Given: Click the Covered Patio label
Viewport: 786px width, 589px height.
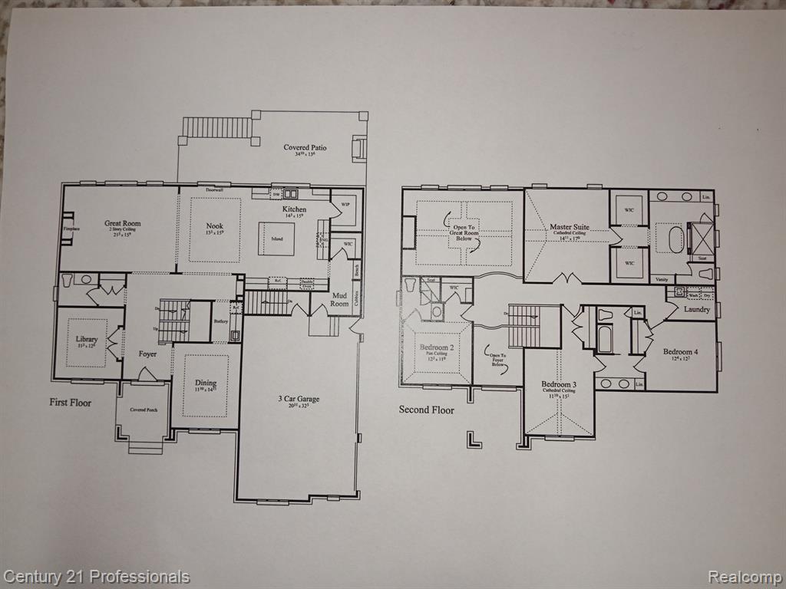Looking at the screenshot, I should coord(305,147).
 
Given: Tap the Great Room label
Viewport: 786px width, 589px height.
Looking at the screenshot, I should coord(123,224).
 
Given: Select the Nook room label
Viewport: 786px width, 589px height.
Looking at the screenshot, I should coord(214,225).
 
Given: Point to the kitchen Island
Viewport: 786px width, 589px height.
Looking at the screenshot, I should coord(276,239).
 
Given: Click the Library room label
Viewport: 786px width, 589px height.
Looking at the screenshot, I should coord(86,339).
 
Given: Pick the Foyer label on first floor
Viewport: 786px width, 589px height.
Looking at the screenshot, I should coord(147,354).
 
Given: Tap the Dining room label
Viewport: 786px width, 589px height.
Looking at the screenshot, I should coord(205,383).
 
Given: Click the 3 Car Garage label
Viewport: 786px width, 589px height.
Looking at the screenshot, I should coord(299,399).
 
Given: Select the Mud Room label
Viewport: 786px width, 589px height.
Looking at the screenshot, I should coord(339,299).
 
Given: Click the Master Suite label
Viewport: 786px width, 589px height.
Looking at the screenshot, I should coord(570,227).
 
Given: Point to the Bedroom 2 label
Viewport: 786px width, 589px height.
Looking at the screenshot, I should coord(436,347).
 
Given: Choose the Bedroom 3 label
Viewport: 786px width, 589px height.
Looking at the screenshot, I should coord(558,384).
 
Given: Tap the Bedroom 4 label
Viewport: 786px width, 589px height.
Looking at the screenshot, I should coord(680,351).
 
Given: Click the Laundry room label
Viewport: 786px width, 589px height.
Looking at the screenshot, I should coord(696,309).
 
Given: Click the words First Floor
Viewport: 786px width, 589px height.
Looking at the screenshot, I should coord(71,402).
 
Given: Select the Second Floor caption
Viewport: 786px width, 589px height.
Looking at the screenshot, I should coord(426,410).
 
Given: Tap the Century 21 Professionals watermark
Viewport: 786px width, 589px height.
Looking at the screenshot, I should coord(96,577).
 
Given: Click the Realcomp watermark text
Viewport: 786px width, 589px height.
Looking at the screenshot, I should coord(743,577).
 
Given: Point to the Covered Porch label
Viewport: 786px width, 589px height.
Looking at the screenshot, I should coord(144,410).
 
